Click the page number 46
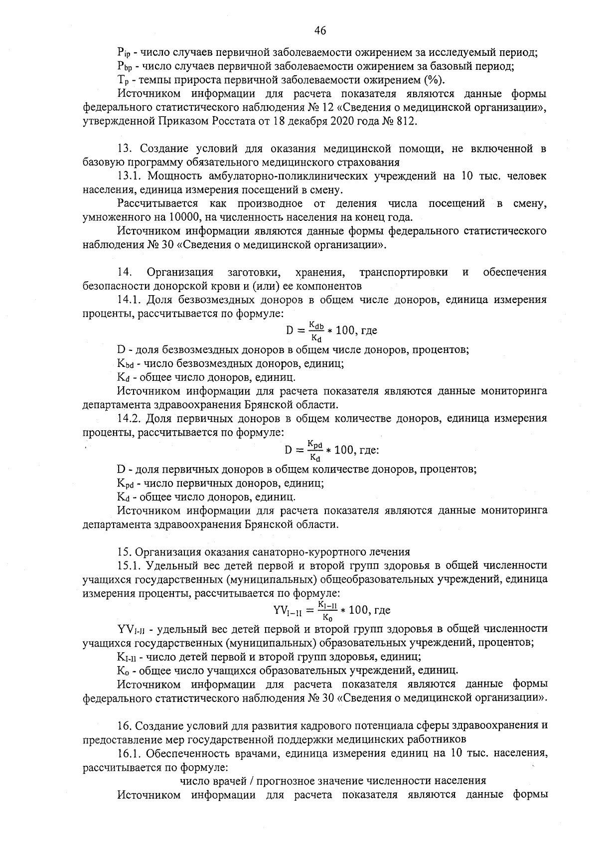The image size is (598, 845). [x=320, y=31]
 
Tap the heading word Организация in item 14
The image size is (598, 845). [x=180, y=272]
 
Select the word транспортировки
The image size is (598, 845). [x=403, y=272]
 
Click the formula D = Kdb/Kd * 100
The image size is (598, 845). [x=331, y=331]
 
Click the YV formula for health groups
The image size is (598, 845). [x=332, y=610]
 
